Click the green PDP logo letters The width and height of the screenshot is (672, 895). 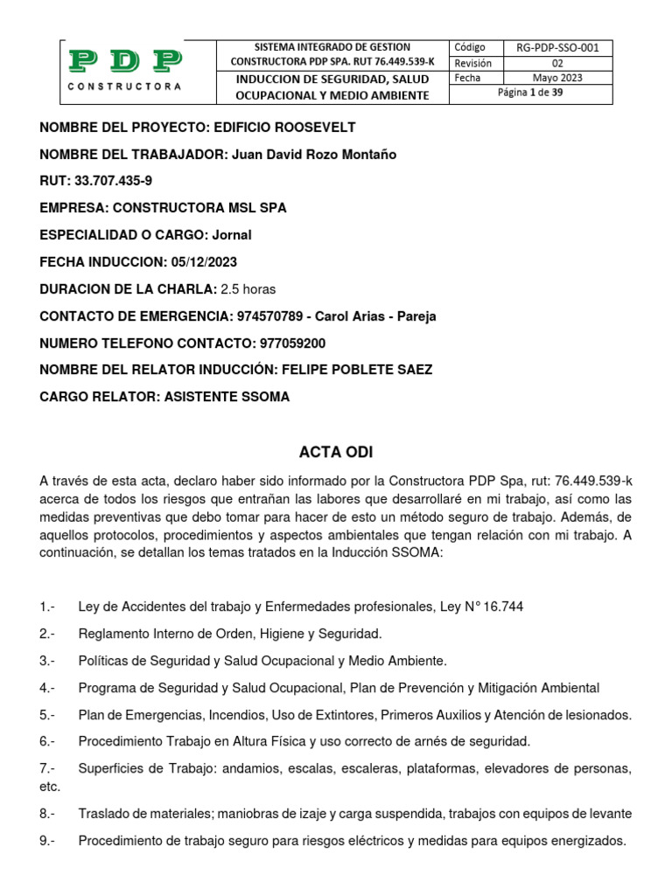(x=125, y=61)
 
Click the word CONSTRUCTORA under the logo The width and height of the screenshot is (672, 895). (x=125, y=87)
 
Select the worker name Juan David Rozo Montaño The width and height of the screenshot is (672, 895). (x=313, y=155)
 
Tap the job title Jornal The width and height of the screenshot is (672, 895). (x=234, y=235)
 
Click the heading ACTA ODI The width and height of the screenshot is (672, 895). (x=336, y=452)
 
